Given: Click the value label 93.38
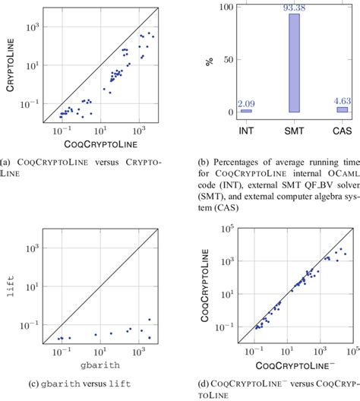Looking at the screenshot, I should tap(294, 8).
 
